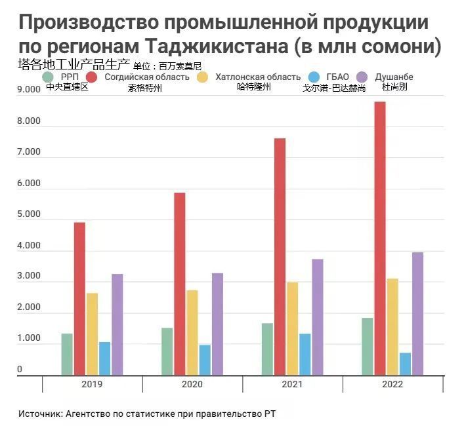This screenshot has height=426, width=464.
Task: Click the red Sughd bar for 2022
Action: point(379,239)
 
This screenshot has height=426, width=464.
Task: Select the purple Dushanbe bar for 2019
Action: point(117,324)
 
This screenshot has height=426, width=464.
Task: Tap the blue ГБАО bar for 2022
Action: point(405,364)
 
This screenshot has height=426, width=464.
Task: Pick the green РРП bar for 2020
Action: point(167,351)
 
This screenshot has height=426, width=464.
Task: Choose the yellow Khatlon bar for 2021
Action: point(292,328)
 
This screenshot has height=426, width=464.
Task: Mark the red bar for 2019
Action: point(79,299)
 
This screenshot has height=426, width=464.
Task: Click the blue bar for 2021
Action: point(305,355)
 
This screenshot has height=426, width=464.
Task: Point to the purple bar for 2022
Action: point(417,314)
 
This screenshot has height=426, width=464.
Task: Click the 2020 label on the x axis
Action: point(192,385)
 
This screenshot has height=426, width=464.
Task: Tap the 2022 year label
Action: point(392,385)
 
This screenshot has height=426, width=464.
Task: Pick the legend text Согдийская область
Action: point(147,77)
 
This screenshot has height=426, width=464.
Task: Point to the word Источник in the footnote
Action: point(39,415)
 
